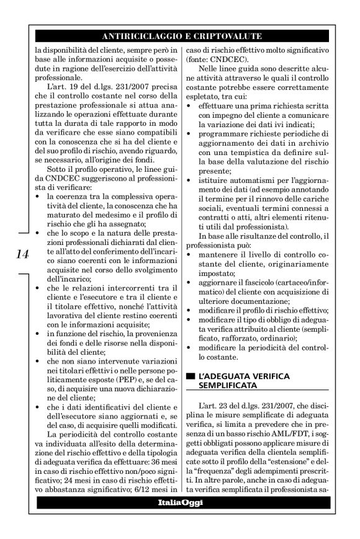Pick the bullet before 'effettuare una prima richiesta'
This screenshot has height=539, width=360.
click(189, 109)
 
